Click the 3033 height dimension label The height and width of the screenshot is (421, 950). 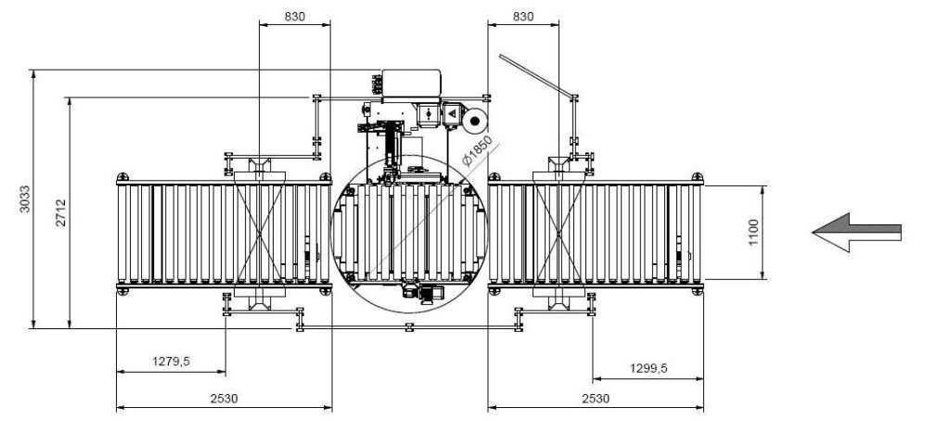[25, 198]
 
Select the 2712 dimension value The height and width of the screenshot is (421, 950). [61, 212]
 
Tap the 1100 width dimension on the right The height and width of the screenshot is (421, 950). [753, 233]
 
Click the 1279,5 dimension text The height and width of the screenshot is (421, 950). [171, 362]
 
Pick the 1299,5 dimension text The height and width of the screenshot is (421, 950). [648, 368]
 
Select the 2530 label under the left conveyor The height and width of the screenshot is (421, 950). [225, 398]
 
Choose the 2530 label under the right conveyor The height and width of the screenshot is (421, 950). [596, 398]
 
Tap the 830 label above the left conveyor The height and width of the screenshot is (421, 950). [294, 17]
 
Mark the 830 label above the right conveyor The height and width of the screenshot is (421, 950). [523, 17]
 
